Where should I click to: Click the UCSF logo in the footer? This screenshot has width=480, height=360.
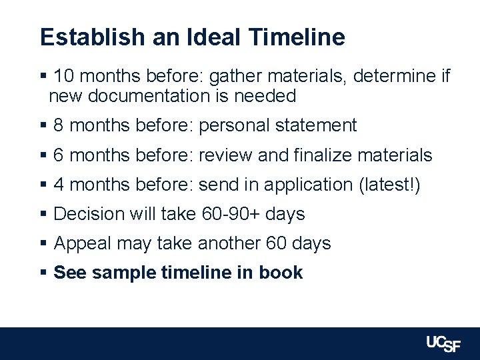pyautogui.click(x=443, y=343)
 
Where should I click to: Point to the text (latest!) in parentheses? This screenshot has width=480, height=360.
pyautogui.click(x=389, y=185)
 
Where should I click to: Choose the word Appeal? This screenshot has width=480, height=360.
pyautogui.click(x=82, y=243)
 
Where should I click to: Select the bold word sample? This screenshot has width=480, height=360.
pyautogui.click(x=119, y=273)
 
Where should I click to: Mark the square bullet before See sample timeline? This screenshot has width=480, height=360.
pyautogui.click(x=43, y=273)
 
